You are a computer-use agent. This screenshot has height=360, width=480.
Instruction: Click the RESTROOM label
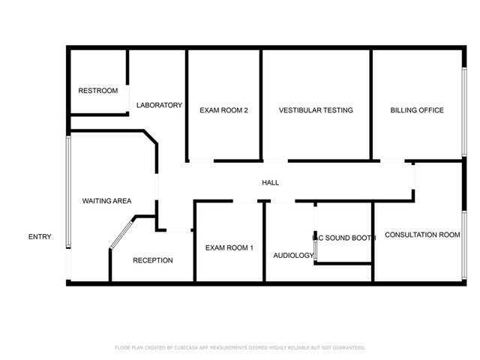[x=98, y=91]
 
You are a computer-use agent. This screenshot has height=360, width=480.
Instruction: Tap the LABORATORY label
[x=159, y=106]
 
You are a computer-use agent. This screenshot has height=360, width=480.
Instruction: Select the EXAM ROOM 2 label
[x=223, y=110]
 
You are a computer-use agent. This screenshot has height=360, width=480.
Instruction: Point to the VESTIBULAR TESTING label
[x=316, y=110]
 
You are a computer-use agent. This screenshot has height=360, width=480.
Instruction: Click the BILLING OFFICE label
[x=417, y=110]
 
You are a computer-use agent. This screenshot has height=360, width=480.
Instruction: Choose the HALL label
[x=270, y=183]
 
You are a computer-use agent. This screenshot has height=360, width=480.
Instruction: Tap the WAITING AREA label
[x=106, y=201]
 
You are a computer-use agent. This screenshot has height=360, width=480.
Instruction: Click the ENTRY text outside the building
[x=40, y=237]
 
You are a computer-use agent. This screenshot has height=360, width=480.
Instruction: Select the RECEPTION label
[x=153, y=260]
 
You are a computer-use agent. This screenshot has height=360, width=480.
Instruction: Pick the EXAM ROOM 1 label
[x=229, y=248]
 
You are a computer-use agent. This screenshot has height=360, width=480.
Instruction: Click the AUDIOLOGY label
[x=292, y=255]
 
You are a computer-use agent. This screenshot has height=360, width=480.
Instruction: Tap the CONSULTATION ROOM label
[x=422, y=235]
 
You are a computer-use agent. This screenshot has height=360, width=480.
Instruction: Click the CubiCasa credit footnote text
[x=239, y=348]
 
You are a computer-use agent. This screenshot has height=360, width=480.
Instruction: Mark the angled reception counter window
[x=120, y=233]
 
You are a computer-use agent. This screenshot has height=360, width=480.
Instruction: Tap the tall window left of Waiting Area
[x=68, y=191]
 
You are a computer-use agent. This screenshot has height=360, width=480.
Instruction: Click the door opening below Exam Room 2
[x=200, y=160]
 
